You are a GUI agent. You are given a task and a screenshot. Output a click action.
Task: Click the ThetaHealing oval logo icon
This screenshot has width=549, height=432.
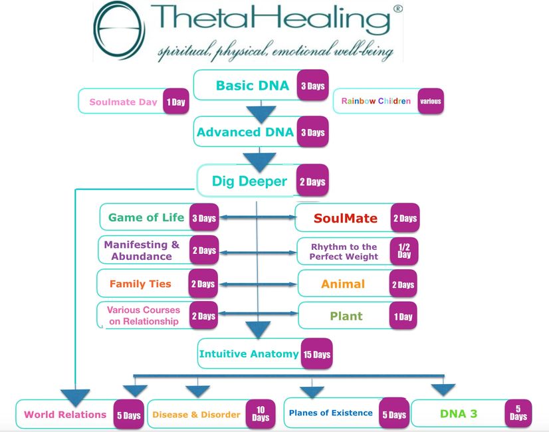tap(119, 30)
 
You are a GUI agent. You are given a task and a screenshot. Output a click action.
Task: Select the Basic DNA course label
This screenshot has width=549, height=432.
tap(252, 86)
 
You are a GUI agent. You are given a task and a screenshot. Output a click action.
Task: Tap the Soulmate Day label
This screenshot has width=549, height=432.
tap(123, 102)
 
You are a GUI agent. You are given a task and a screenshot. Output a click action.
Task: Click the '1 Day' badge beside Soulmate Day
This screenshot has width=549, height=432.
tap(176, 102)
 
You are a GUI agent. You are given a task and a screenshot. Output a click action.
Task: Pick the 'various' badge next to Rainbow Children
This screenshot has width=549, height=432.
tap(430, 102)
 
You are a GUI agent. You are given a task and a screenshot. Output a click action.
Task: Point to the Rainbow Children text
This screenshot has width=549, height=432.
tap(376, 102)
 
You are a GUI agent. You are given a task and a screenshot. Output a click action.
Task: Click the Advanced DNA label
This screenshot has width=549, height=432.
tap(245, 132)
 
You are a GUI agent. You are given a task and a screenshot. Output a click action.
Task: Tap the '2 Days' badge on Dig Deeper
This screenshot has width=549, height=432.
tap(312, 181)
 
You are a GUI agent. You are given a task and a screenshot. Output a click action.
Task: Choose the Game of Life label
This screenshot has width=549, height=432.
tap(146, 217)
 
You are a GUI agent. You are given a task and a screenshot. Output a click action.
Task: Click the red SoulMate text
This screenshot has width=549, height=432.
tap(345, 218)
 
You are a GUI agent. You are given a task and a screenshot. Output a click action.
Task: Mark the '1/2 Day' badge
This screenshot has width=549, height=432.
tap(404, 251)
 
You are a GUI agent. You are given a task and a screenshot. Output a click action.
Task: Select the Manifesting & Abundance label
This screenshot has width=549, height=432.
tap(142, 251)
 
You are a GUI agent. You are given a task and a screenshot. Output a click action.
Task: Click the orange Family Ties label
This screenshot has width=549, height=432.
tap(140, 284)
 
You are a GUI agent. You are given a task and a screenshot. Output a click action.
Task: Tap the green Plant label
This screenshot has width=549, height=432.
tap(346, 316)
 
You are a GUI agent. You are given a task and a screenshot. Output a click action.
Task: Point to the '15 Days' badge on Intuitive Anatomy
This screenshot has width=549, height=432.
tap(316, 354)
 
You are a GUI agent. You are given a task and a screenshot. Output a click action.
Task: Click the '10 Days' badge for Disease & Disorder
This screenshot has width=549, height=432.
tap(261, 414)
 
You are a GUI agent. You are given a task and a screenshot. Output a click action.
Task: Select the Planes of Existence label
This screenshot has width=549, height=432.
tap(330, 413)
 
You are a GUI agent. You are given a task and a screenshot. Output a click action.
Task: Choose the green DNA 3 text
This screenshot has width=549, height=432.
tap(458, 414)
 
